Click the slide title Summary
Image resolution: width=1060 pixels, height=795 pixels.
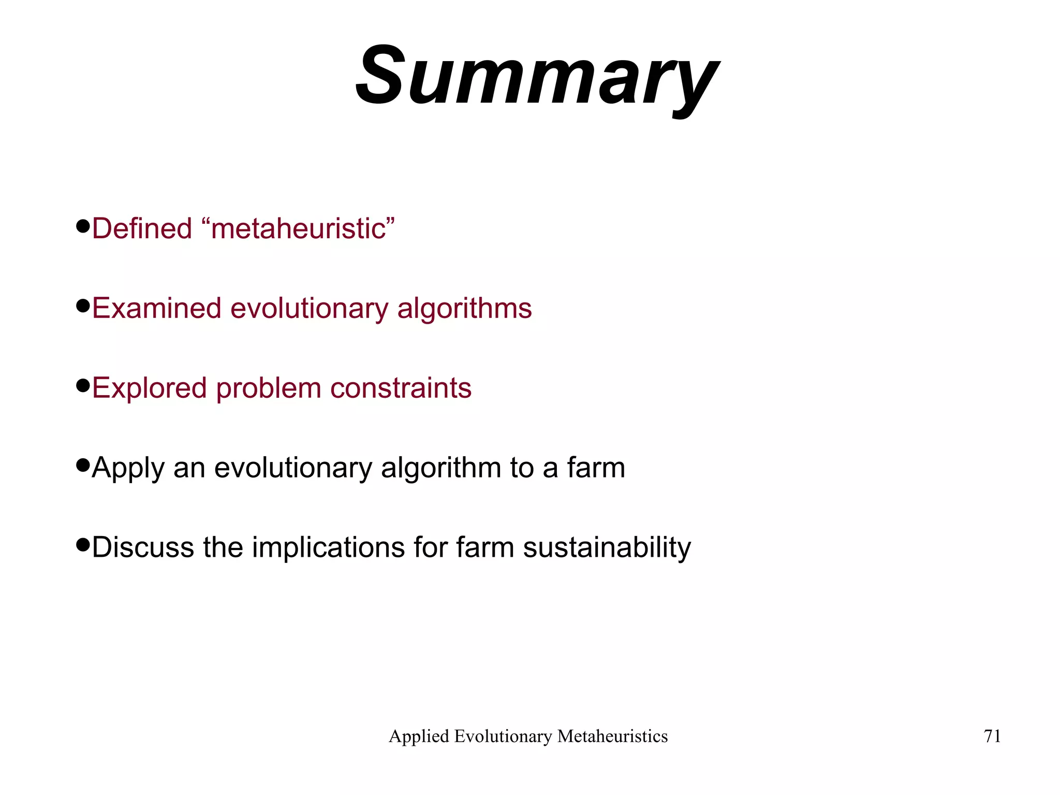coord(536,78)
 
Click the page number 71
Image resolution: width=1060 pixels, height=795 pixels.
coord(992,736)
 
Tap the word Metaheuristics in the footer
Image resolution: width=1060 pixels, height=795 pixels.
coord(612,736)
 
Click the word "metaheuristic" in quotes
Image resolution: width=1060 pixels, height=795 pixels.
coord(303,228)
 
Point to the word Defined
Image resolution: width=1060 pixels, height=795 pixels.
coord(142,228)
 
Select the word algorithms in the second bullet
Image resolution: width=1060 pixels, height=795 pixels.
coord(464,309)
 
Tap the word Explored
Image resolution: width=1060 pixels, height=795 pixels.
coord(149,388)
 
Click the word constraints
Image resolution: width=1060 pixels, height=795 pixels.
coord(401,388)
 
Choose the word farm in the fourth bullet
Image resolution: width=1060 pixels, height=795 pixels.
coord(596,468)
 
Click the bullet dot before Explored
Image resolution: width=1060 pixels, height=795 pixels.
coord(83,385)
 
